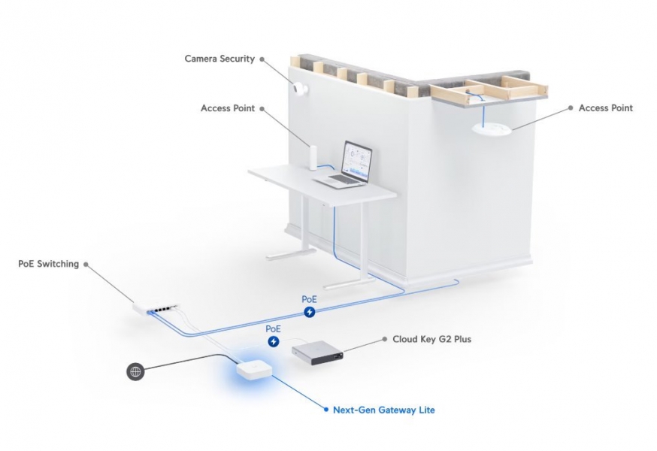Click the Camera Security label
(x=220, y=59)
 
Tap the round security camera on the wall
(x=301, y=89)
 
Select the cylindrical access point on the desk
(x=313, y=158)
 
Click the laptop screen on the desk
(x=357, y=158)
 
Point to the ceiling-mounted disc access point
(x=492, y=129)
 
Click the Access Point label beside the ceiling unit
(x=605, y=108)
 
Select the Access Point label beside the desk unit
(x=228, y=108)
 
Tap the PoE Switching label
(x=49, y=264)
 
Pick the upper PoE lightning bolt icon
(x=309, y=312)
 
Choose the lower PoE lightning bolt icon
(x=273, y=341)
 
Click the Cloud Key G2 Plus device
(x=318, y=351)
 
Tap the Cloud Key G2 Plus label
(x=431, y=339)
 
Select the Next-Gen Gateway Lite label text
(x=384, y=410)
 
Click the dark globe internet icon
(x=135, y=371)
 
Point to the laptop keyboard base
(x=338, y=180)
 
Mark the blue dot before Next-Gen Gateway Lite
(x=325, y=410)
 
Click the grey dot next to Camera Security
(x=262, y=59)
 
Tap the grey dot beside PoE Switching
(x=86, y=265)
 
